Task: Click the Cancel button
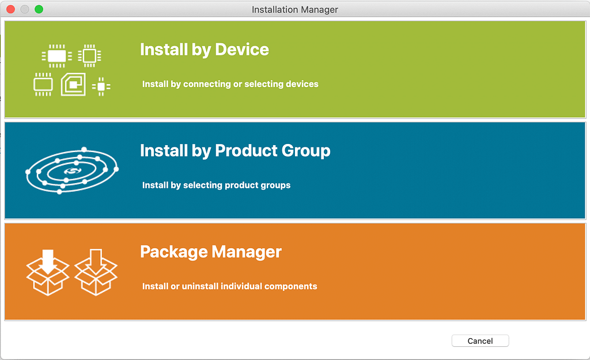click(480, 341)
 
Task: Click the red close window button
click(10, 9)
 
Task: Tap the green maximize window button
click(39, 9)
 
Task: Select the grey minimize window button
click(25, 9)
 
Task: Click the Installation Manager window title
click(294, 9)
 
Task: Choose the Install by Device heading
click(205, 50)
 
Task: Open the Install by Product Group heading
click(235, 151)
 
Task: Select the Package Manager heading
click(211, 252)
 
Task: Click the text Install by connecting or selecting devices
click(230, 84)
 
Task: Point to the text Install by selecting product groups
click(217, 185)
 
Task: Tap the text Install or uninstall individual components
click(229, 286)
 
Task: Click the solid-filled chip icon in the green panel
click(57, 56)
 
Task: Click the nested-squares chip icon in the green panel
click(73, 84)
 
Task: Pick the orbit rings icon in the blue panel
click(72, 170)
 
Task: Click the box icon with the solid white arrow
click(48, 272)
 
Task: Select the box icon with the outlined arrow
click(96, 272)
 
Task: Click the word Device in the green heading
click(242, 50)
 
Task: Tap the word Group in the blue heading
click(306, 151)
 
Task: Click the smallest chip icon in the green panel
click(101, 86)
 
